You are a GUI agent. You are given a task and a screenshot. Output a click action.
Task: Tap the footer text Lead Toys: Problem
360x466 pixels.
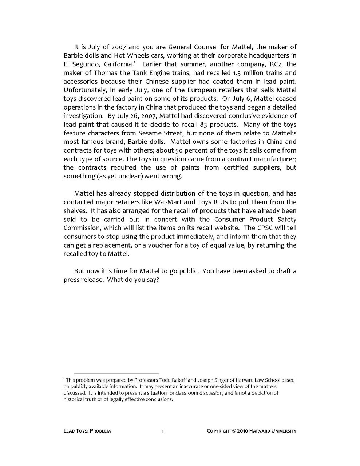pos(87,431)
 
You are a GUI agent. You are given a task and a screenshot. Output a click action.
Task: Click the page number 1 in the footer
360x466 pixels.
pos(163,431)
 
